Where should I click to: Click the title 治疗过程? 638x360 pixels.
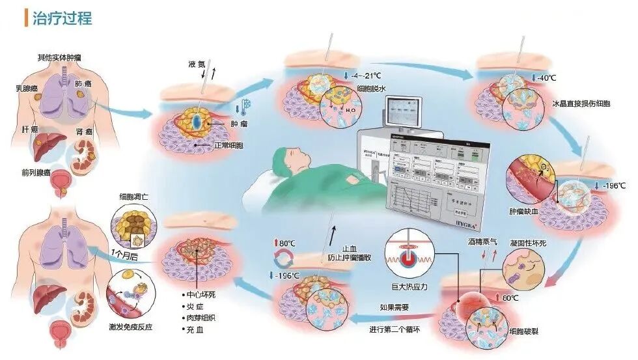62,18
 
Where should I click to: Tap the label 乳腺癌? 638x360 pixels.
29,87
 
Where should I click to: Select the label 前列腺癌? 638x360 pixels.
37,173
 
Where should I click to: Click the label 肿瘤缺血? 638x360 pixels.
525,212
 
